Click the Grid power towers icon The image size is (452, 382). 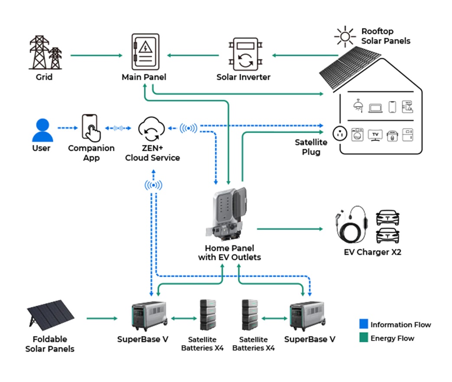tap(45, 53)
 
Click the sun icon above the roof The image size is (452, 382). tap(345, 37)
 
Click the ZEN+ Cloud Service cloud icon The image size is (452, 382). tap(152, 128)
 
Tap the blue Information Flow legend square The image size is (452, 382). tap(364, 324)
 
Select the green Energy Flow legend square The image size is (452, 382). tap(364, 337)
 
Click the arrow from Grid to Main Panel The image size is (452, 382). tap(96, 56)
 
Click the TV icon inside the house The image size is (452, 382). tap(375, 135)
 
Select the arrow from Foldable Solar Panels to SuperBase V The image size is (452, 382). tap(102, 319)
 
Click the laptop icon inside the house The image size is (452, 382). tap(375, 107)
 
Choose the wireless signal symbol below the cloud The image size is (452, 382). tap(153, 185)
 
